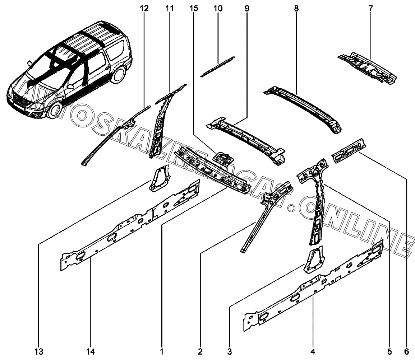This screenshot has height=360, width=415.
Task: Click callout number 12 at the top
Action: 144,9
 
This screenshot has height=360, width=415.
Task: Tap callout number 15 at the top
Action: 194,9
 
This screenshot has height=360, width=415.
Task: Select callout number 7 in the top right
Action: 370,9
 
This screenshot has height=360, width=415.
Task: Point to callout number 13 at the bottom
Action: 39,352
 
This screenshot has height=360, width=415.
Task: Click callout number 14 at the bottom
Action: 90,352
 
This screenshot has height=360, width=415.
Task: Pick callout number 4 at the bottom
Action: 313,352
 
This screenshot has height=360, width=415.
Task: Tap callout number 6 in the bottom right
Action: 406,352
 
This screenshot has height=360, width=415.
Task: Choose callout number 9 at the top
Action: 247,9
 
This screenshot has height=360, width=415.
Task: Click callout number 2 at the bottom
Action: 200,352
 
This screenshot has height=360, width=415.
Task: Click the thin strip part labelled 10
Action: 217,67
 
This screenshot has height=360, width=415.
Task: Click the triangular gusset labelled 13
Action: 160,178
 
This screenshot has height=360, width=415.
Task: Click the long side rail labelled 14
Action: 130,225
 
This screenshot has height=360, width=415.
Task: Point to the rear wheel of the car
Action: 119,75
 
